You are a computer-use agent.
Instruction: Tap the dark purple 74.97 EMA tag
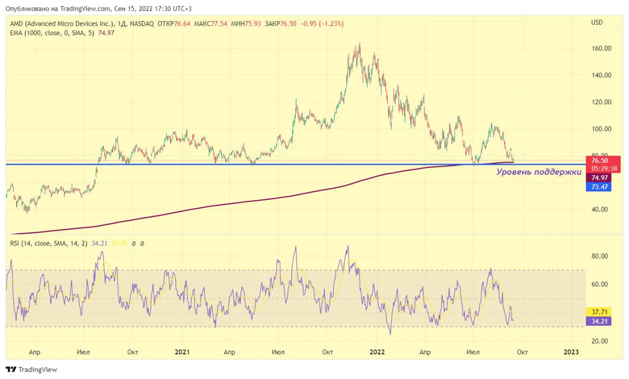tap(599, 178)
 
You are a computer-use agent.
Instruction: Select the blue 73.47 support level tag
tap(599, 187)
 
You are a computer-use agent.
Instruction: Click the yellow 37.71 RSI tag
tap(599, 312)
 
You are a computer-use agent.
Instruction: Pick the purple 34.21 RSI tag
tap(599, 321)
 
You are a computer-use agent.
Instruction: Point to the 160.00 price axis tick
tap(601, 48)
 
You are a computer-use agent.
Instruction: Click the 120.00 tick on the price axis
tap(601, 102)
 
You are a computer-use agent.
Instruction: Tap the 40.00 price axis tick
tap(600, 210)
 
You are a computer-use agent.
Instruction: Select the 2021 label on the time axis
tap(182, 352)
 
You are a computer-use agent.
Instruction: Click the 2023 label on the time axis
tap(571, 352)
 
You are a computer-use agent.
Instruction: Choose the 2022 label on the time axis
tap(377, 352)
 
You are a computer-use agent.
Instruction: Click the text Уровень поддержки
tap(539, 172)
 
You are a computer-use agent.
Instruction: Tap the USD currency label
tap(597, 23)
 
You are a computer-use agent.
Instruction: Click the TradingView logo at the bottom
tap(31, 370)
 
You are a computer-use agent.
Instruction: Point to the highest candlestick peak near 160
tap(360, 43)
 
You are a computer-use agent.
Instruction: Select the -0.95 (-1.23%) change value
tap(322, 24)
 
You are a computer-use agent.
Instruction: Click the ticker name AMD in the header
tap(17, 24)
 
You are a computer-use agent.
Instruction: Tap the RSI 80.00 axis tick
tap(600, 256)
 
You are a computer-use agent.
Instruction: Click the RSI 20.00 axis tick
tap(600, 341)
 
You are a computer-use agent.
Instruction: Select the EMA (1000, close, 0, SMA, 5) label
tap(52, 33)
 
